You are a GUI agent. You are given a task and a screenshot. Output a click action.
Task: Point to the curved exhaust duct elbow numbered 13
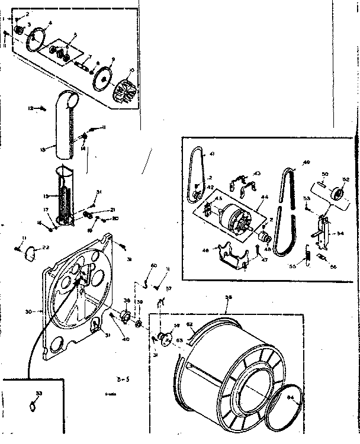click(66, 130)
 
